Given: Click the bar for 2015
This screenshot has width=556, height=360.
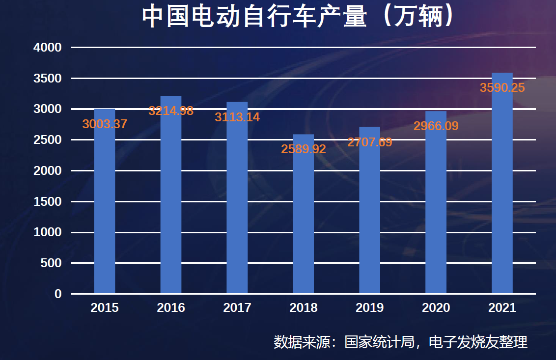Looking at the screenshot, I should point(105,206).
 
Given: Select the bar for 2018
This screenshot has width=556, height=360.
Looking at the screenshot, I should point(304,221).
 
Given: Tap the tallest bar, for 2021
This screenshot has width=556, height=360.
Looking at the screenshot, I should point(502,187).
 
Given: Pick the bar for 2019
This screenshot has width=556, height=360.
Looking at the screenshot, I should point(370,216).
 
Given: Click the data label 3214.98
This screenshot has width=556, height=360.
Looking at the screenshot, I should point(171,111).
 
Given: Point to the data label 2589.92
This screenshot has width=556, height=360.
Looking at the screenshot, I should point(304,149).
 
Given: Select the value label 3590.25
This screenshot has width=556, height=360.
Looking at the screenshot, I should point(502,88).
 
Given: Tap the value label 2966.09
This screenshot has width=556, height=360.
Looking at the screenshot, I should point(436,126).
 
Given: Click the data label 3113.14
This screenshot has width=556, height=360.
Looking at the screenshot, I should point(237,117).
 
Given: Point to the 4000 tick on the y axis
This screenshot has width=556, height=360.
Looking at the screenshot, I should point(48,48).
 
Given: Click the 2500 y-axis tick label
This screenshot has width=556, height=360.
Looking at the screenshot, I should point(48,140).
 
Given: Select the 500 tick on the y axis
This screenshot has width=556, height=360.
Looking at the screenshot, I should point(51,263).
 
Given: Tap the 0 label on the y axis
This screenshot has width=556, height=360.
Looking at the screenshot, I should point(58,294).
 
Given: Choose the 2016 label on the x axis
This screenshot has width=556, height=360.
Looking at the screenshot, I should point(171,308).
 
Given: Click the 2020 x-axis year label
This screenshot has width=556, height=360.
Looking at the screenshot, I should point(436,308).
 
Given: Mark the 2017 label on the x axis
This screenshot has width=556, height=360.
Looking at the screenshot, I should point(237,308).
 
